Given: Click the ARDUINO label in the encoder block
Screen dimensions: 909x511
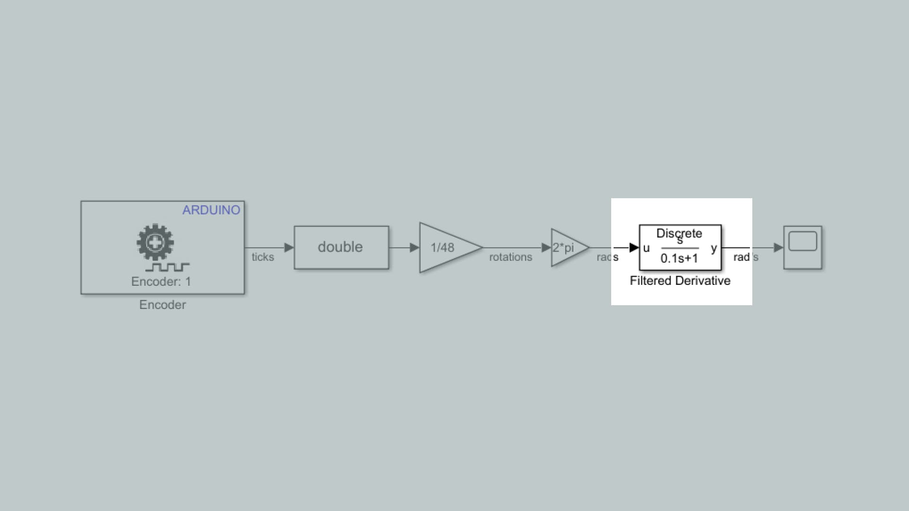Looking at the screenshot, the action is click(x=211, y=210).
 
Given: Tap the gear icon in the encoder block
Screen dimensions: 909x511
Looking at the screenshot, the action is click(x=155, y=243).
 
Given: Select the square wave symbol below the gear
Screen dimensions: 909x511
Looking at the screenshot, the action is click(x=168, y=267).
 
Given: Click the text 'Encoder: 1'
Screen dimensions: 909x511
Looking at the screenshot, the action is click(x=161, y=282).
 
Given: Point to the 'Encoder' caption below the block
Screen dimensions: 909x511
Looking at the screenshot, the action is click(x=162, y=305).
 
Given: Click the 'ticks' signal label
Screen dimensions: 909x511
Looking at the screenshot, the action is click(x=263, y=257).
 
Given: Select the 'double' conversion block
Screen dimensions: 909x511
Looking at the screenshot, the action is click(x=341, y=247).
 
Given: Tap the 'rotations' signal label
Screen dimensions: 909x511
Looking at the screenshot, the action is click(x=511, y=257).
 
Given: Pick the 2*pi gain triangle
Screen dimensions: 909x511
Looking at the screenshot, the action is click(x=570, y=247).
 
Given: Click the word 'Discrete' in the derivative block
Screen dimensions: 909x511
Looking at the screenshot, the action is click(x=679, y=233).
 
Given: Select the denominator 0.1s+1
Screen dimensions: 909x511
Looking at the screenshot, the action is click(x=679, y=258).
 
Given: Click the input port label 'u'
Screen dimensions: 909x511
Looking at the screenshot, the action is click(x=647, y=248).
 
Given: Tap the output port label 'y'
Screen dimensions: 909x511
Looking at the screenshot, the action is click(x=714, y=248).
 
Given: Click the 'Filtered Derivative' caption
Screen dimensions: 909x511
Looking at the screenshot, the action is click(x=680, y=281).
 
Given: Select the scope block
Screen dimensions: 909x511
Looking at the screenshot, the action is click(x=803, y=247).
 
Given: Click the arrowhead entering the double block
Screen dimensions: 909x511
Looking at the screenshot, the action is click(x=289, y=247).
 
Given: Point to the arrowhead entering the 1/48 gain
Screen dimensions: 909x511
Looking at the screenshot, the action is click(x=415, y=247).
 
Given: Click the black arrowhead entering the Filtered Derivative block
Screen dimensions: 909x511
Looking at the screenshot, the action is click(x=634, y=247).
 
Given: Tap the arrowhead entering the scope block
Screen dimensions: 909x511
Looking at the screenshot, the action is click(x=779, y=247).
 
